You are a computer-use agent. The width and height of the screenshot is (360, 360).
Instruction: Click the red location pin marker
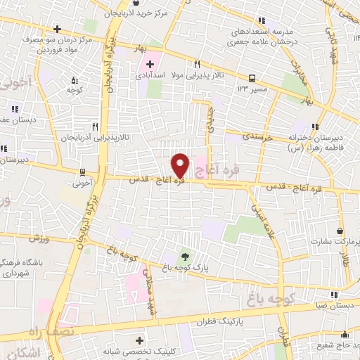coord(181,165)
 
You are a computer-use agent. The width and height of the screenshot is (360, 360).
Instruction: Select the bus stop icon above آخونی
coord(83,172)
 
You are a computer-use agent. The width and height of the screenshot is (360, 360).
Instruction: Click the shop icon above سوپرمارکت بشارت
coord(340,231)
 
